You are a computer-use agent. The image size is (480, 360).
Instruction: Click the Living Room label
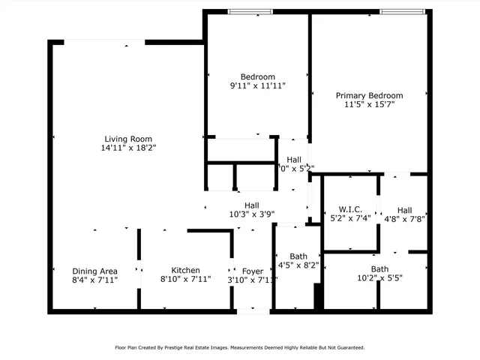pyautogui.click(x=128, y=139)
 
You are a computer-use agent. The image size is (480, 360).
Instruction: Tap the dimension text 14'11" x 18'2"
pyautogui.click(x=128, y=148)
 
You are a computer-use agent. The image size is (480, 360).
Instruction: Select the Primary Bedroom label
pyautogui.click(x=369, y=95)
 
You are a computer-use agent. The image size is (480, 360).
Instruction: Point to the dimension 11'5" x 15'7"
pyautogui.click(x=369, y=105)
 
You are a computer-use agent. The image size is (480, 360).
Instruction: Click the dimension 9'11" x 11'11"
pyautogui.click(x=257, y=86)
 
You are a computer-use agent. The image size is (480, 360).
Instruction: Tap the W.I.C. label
pyautogui.click(x=350, y=208)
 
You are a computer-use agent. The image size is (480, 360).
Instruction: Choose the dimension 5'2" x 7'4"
pyautogui.click(x=350, y=218)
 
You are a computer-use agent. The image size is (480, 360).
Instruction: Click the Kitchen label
pyautogui.click(x=185, y=271)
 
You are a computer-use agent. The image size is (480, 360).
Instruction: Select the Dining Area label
pyautogui.click(x=94, y=271)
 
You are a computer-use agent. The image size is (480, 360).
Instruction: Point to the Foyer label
pyautogui.click(x=252, y=271)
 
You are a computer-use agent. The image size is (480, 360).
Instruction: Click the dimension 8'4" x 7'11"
pyautogui.click(x=94, y=280)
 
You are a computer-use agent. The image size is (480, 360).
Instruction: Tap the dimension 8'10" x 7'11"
pyautogui.click(x=185, y=280)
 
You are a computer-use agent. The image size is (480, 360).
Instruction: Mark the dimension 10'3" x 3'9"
pyautogui.click(x=251, y=214)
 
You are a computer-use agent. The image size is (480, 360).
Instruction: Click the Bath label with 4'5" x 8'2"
pyautogui.click(x=298, y=256)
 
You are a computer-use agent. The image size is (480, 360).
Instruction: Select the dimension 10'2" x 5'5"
pyautogui.click(x=379, y=279)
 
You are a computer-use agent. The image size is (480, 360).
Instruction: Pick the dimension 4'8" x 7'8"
pyautogui.click(x=404, y=220)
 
